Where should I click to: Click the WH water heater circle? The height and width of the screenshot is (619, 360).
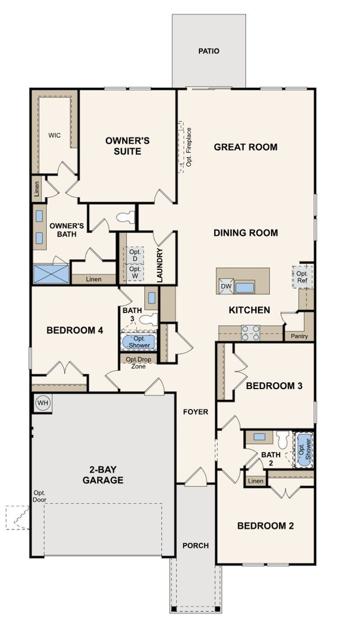[43, 403]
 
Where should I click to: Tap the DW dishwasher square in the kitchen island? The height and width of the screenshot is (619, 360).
[226, 286]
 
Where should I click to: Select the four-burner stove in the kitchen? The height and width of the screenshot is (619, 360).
[251, 333]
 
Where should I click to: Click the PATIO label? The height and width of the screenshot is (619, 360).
[209, 51]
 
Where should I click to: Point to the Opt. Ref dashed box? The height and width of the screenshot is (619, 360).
[302, 277]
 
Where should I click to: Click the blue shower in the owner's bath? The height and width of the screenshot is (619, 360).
[51, 274]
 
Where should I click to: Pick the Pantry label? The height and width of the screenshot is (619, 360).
[299, 336]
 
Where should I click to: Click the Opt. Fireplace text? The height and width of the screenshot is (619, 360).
[189, 147]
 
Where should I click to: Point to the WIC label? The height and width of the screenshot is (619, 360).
[54, 135]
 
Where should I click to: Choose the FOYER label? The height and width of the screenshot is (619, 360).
[195, 412]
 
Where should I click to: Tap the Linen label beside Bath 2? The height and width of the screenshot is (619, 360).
[255, 481]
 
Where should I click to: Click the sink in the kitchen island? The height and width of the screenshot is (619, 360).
[245, 288]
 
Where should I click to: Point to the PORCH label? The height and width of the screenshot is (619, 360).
[195, 546]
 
